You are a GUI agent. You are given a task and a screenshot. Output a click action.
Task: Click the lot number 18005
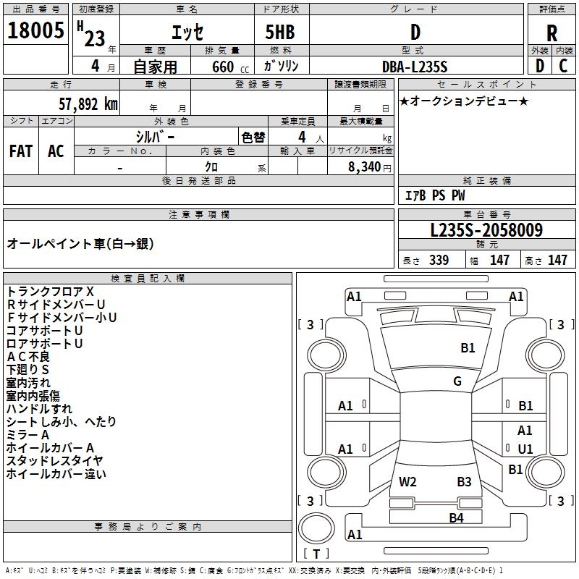point(35,30)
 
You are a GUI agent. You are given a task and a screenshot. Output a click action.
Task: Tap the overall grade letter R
point(551,33)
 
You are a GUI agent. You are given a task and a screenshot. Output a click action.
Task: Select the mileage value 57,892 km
point(88,104)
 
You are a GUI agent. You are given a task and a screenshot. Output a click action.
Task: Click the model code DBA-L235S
point(415,67)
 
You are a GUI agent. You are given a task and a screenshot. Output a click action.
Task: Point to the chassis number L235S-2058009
point(486,229)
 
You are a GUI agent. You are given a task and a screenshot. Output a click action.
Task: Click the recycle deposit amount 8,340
point(365,166)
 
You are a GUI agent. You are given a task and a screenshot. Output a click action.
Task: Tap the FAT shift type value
point(21,151)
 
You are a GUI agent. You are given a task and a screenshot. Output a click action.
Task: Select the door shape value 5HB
point(280,32)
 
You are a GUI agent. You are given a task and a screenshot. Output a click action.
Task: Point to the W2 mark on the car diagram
point(407,481)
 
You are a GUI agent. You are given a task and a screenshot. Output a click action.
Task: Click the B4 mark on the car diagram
point(456,517)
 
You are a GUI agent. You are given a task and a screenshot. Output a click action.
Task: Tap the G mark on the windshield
point(457,381)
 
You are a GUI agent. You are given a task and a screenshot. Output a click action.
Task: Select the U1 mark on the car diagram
point(525,449)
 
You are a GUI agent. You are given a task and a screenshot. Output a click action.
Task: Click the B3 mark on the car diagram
point(464,481)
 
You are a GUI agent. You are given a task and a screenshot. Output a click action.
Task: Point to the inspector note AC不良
point(28,356)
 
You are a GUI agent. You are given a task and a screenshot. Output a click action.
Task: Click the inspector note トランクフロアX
point(50,292)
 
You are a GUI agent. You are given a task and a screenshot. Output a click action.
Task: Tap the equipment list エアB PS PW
point(435,195)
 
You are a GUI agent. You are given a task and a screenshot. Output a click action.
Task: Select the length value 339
point(439,260)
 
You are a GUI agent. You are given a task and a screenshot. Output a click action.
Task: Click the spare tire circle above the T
point(316,528)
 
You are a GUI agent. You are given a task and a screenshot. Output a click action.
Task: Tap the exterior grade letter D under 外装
point(539,66)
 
